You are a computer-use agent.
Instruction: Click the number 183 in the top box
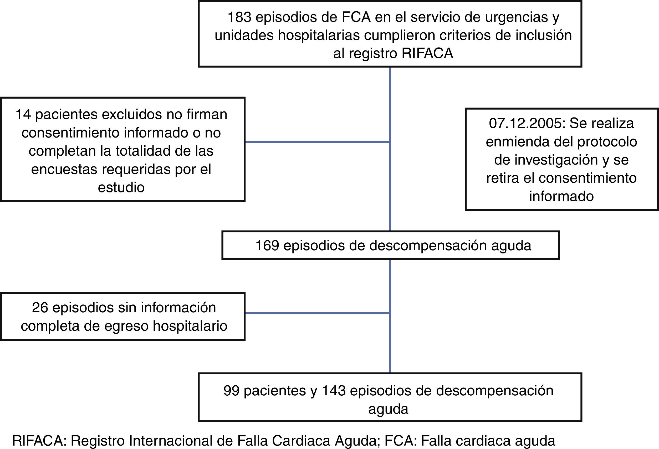239,17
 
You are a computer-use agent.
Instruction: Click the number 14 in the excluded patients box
23,115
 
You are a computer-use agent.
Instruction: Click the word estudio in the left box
121,187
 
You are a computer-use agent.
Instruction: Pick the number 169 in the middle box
267,246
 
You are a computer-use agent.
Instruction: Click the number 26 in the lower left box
40,308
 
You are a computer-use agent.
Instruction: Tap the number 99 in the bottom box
231,391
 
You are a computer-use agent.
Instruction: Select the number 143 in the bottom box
334,391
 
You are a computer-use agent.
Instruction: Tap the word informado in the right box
561,197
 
